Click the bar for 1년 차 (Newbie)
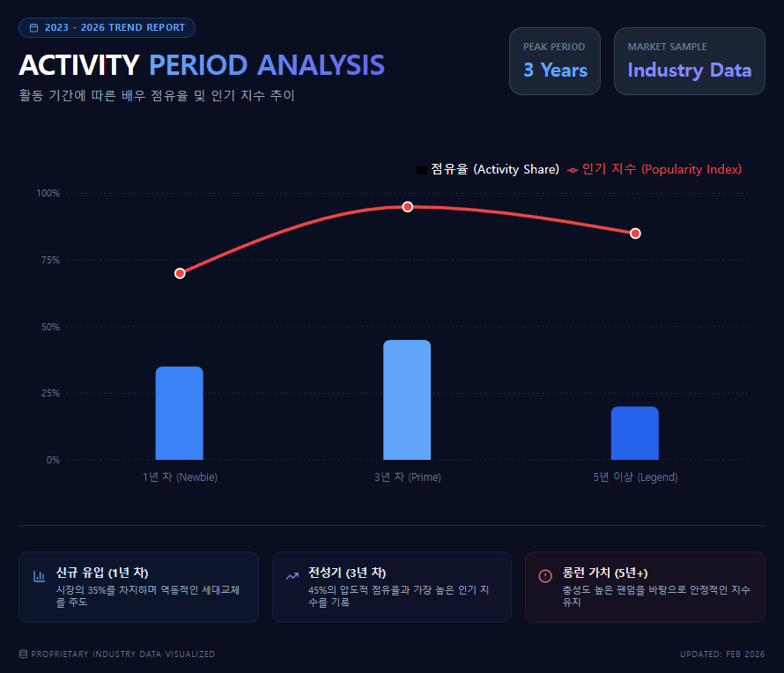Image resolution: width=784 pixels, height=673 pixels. [x=180, y=413]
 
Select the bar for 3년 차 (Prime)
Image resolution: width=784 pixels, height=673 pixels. [x=407, y=400]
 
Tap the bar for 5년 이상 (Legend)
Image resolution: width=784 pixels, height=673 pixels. [x=634, y=433]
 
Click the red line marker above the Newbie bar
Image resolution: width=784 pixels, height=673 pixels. [x=180, y=273]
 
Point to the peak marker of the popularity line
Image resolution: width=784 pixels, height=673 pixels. [x=408, y=207]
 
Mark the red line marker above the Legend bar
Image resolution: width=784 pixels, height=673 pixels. [x=635, y=233]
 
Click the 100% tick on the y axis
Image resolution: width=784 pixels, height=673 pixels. [x=48, y=193]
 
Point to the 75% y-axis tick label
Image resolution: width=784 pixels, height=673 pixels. [x=49, y=260]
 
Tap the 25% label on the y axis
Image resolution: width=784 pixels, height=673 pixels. [x=49, y=393]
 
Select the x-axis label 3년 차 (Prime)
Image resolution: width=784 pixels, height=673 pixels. [x=407, y=477]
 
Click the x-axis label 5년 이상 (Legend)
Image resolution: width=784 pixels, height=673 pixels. [x=635, y=477]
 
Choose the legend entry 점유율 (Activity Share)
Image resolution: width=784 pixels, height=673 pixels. [x=488, y=169]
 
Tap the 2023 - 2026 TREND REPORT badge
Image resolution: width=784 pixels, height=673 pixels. [x=107, y=28]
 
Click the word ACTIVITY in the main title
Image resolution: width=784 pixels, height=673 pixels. [x=79, y=66]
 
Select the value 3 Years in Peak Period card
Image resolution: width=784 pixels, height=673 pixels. [x=555, y=70]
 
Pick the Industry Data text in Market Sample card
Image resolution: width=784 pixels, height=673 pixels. [x=689, y=70]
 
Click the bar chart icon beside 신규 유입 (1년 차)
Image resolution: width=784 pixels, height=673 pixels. [x=40, y=576]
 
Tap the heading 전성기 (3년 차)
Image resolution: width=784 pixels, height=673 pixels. [x=347, y=573]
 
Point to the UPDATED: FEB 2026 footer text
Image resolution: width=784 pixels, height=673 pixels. [x=721, y=655]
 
